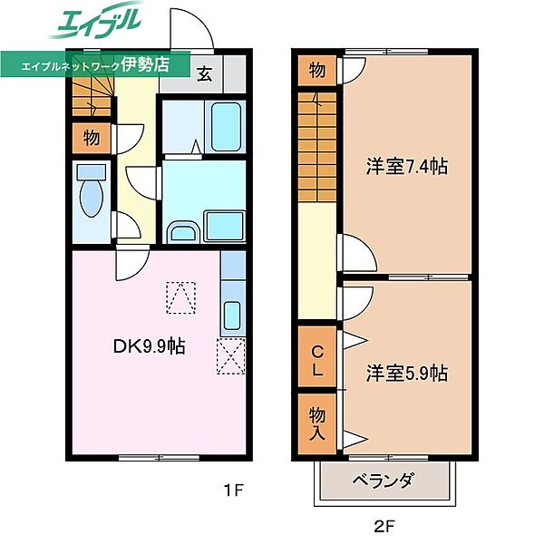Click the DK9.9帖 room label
click(x=150, y=345)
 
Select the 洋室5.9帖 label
click(x=407, y=372)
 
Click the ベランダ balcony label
click(x=384, y=481)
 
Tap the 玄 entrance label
click(x=206, y=74)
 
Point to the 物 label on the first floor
click(x=91, y=138)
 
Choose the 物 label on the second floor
click(x=316, y=71)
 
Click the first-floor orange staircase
click(x=90, y=96)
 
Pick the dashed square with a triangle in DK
click(x=180, y=296)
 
